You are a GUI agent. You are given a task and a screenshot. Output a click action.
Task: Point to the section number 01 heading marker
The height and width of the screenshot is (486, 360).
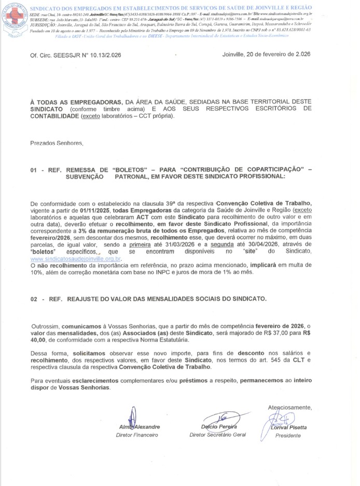pyautogui.click(x=35, y=169)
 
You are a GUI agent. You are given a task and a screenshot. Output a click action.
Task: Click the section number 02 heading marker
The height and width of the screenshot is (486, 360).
pyautogui.click(x=35, y=299)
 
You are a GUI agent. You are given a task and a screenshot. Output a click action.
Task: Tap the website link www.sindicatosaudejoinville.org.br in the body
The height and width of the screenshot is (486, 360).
pyautogui.click(x=76, y=258)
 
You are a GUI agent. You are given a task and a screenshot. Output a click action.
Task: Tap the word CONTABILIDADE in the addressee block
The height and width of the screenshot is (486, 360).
pyautogui.click(x=54, y=116)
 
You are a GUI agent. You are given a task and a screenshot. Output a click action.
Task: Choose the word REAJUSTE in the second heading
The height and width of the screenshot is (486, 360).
pyautogui.click(x=86, y=299)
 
